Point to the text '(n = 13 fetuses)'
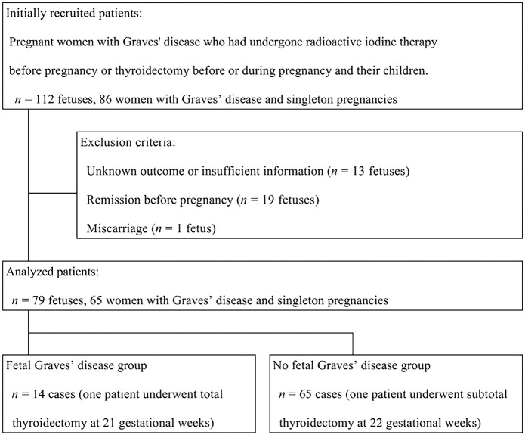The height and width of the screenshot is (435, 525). click(x=366, y=172)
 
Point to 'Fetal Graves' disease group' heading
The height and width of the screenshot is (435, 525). click(x=76, y=366)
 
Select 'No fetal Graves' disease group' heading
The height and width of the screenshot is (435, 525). click(x=354, y=366)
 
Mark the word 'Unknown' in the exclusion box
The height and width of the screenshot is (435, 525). click(x=113, y=172)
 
